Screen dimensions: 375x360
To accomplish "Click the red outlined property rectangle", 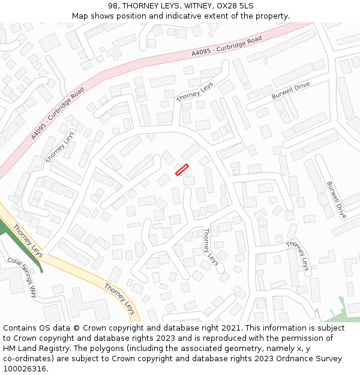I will click(x=182, y=170).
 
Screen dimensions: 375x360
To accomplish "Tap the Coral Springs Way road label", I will click(x=22, y=278).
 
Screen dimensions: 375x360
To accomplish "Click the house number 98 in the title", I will click(x=114, y=6).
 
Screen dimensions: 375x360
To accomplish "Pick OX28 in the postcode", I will click(x=228, y=6).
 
